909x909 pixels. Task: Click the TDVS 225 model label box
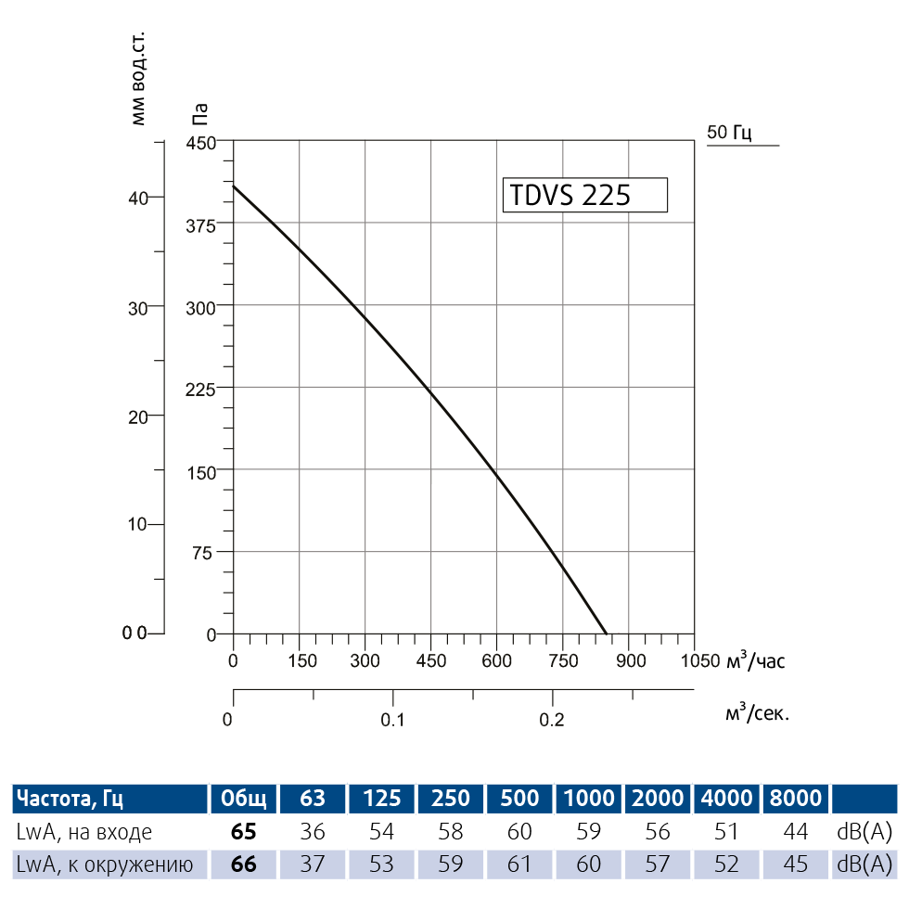(584, 196)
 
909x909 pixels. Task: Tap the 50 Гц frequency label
(729, 133)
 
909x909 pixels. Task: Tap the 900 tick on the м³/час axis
(630, 660)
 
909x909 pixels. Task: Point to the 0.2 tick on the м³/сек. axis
(552, 720)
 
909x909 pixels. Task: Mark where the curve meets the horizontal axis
(607, 634)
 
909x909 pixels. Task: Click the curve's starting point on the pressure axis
(233, 186)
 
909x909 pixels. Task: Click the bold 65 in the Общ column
(243, 832)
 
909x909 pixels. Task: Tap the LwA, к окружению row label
(104, 865)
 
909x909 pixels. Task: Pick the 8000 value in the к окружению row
(795, 865)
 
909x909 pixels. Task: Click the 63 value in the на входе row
(313, 832)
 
